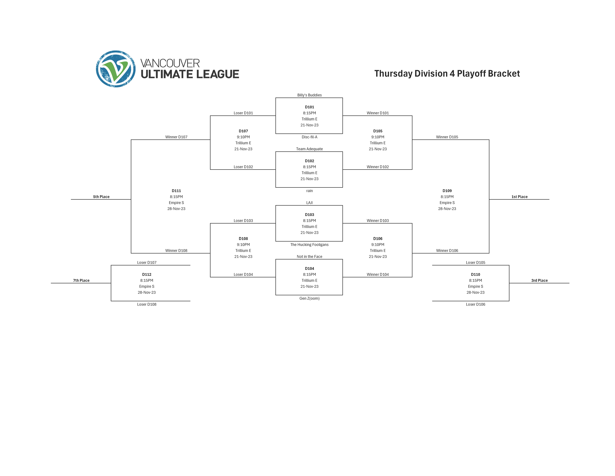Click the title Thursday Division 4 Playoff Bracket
point(447,74)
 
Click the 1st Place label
point(519,197)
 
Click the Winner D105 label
point(447,137)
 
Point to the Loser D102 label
point(243,167)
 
